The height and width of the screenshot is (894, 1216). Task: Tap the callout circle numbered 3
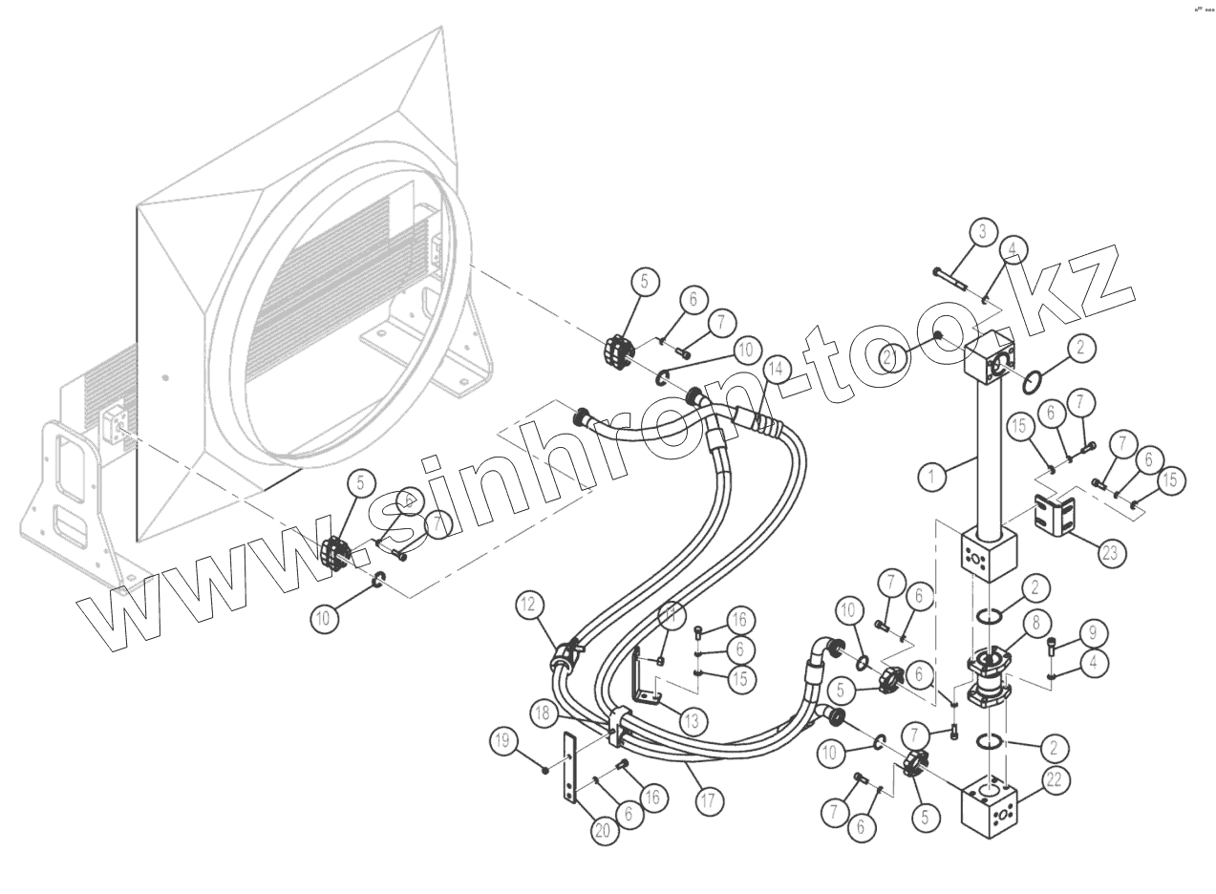[982, 231]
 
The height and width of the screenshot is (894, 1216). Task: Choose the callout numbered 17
[708, 800]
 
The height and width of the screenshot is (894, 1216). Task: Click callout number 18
[543, 713]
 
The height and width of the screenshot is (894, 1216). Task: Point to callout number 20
[602, 830]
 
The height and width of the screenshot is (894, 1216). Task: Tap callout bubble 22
[1055, 780]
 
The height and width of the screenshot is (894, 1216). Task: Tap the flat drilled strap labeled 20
[570, 770]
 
